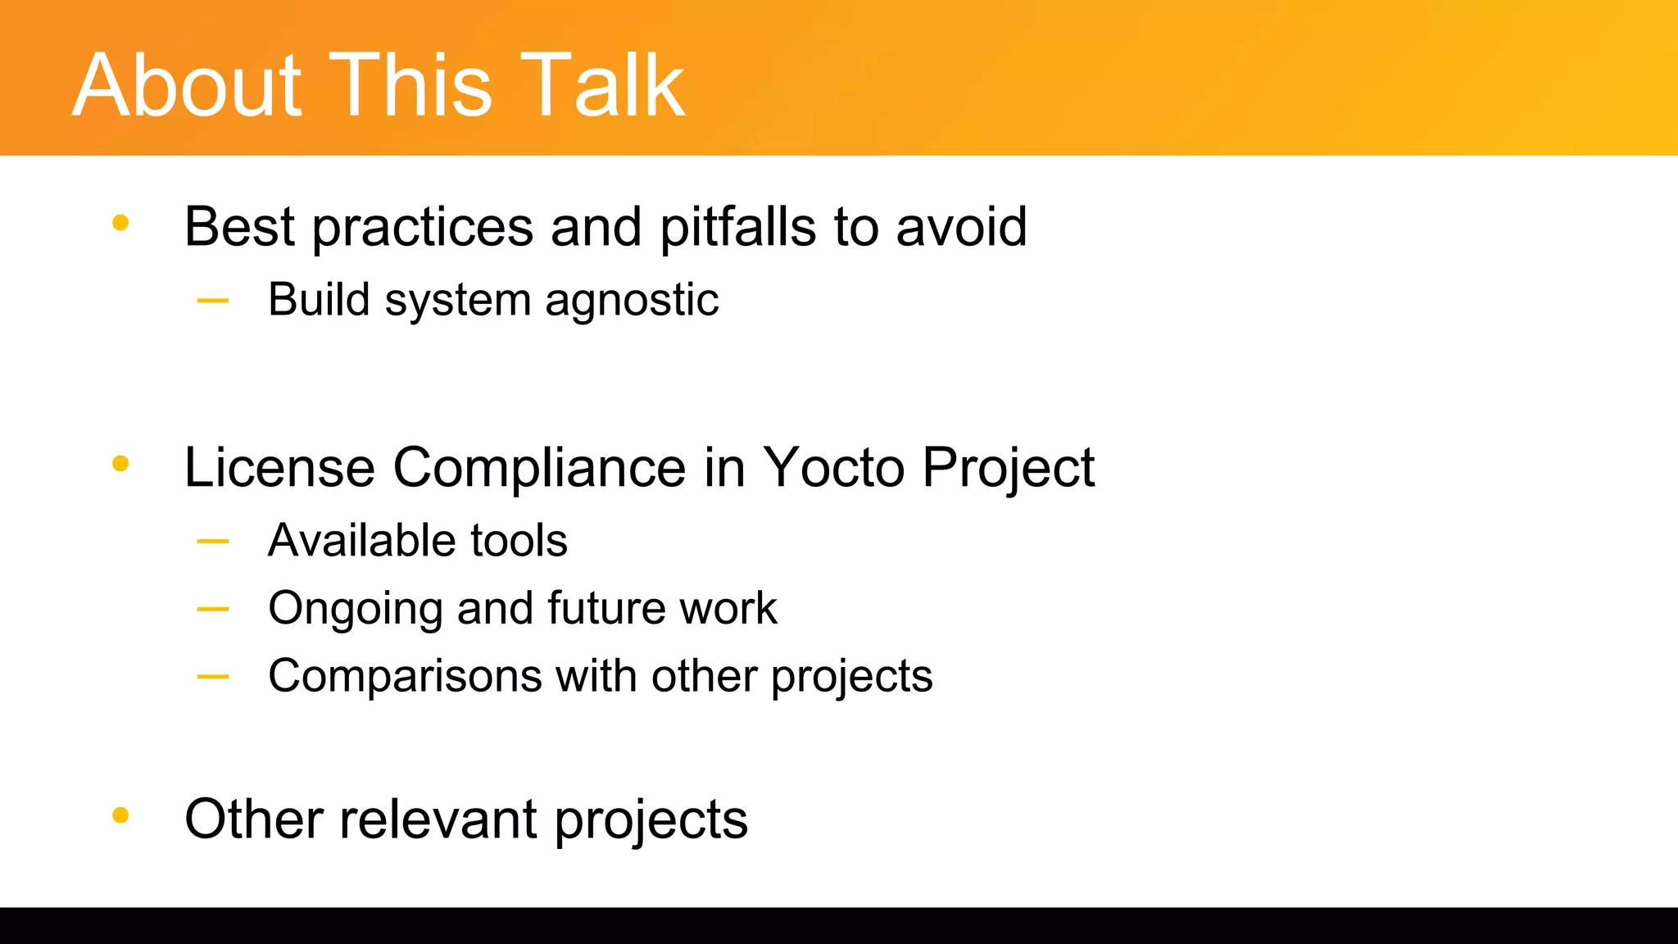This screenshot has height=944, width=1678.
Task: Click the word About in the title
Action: [x=188, y=85]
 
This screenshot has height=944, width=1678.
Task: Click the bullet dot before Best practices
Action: [x=120, y=223]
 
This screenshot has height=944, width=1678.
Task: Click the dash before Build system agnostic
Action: [x=213, y=301]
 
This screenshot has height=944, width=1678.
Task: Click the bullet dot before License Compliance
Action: [x=120, y=464]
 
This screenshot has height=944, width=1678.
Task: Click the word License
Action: [x=279, y=468]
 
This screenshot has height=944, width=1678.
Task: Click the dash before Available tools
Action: [x=213, y=542]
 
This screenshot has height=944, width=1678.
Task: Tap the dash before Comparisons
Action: [x=213, y=677]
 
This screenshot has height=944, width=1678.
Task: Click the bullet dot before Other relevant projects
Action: [x=120, y=815]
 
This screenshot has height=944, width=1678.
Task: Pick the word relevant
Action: [x=438, y=819]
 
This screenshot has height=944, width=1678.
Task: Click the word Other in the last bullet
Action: [x=254, y=819]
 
